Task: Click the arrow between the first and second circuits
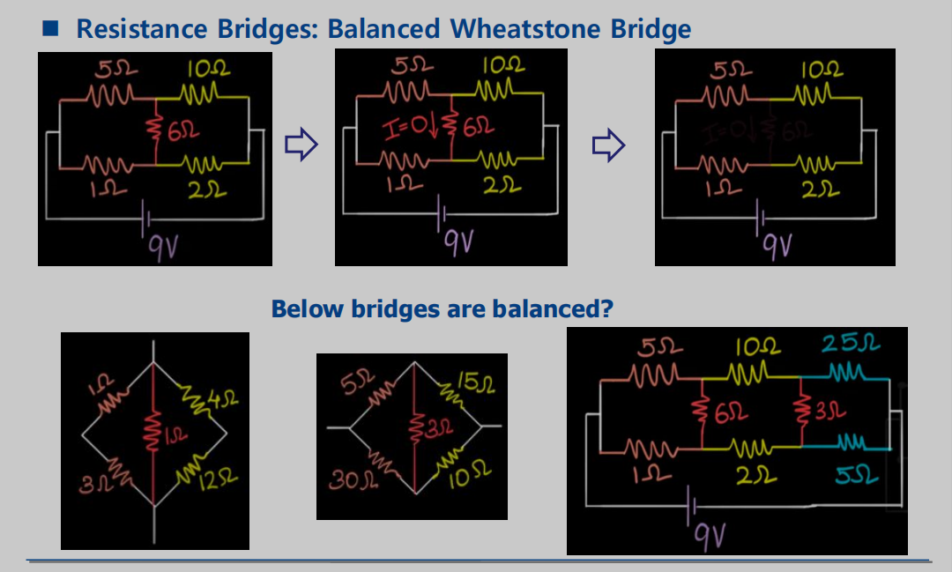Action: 301,146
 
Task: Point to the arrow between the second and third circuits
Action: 608,146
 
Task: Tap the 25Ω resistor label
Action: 852,344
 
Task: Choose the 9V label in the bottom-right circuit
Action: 708,531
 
